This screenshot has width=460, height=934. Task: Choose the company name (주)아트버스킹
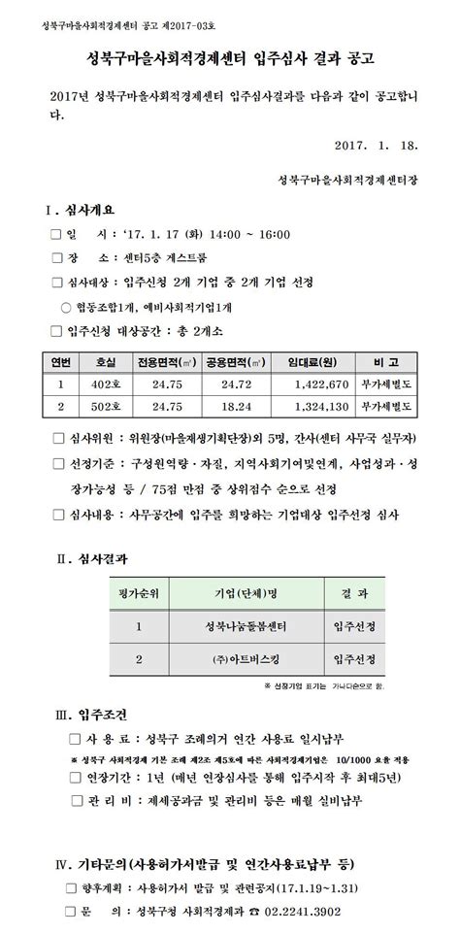tap(246, 659)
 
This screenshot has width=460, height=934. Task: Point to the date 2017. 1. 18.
tap(374, 145)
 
